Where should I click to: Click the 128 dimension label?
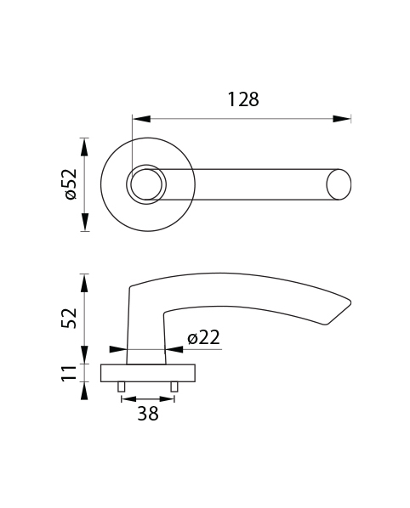click(243, 99)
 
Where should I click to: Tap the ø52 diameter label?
click(71, 184)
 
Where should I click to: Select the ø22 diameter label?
click(203, 337)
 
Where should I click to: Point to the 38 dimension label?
click(148, 414)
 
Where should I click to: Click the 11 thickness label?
click(70, 373)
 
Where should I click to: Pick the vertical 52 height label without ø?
click(70, 319)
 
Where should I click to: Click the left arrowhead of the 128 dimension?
click(142, 119)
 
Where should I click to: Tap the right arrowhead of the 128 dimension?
click(342, 119)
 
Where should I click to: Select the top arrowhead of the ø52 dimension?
click(85, 147)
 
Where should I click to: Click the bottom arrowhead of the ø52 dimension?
click(85, 222)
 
